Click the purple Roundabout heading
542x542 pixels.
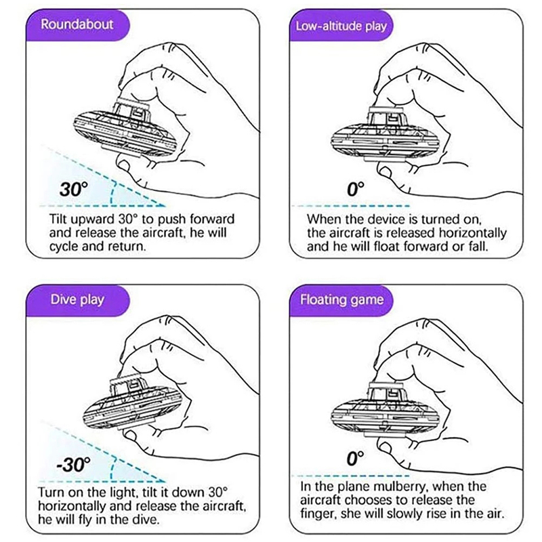tap(77, 24)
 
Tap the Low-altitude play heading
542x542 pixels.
tap(341, 26)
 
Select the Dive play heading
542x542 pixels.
tap(77, 299)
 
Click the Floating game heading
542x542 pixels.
tap(342, 299)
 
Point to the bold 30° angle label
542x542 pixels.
tap(74, 189)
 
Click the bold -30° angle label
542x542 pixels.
tap(74, 464)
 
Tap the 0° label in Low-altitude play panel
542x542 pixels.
tap(355, 189)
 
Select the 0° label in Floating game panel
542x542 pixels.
tap(355, 459)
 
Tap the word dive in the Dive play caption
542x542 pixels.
tap(146, 519)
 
